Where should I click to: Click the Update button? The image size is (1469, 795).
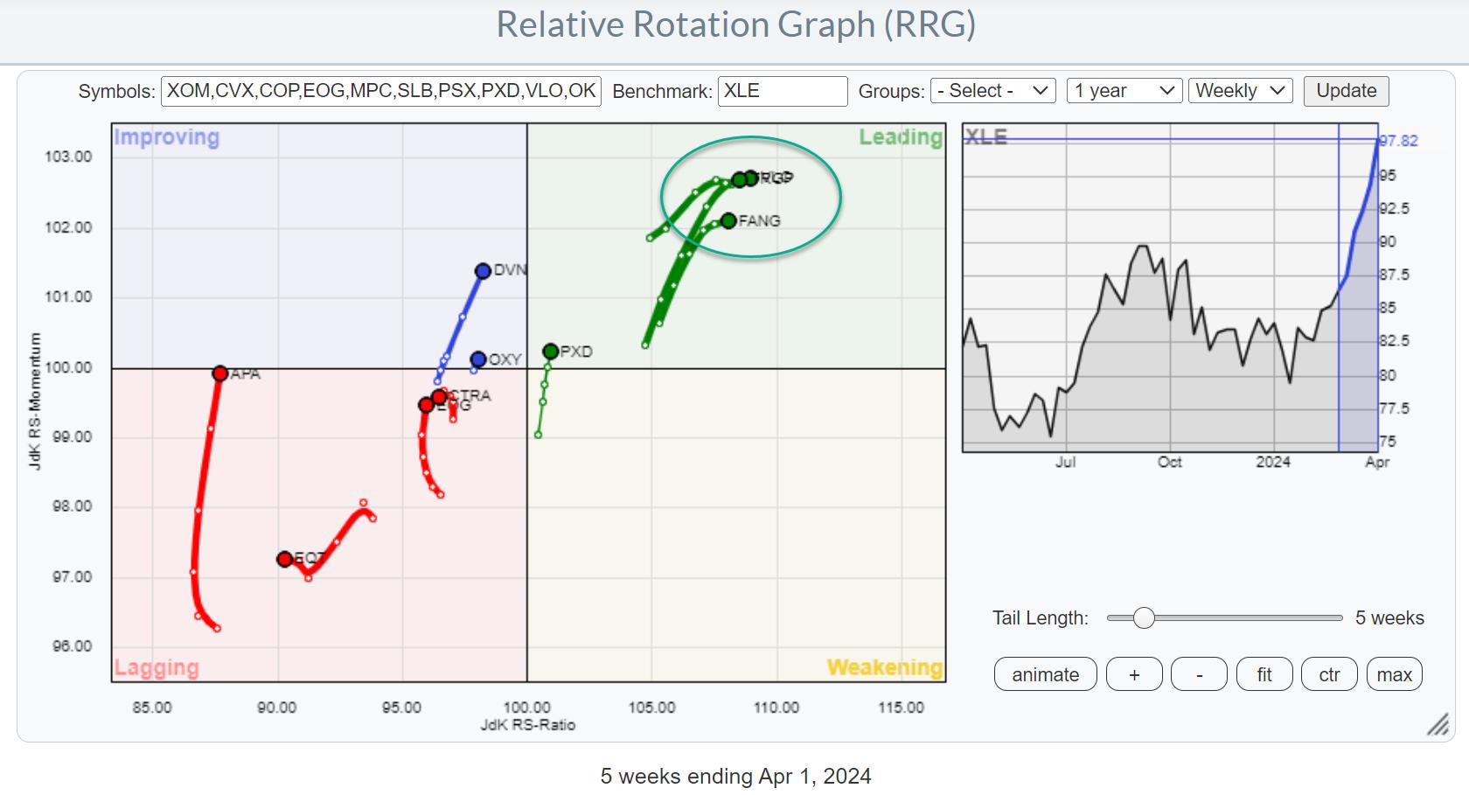[x=1346, y=91]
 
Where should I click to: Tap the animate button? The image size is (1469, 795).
[x=1045, y=674]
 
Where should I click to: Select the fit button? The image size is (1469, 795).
[x=1264, y=674]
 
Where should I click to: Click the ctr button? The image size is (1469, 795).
[x=1329, y=674]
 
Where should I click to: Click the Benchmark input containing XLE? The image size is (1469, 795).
[x=782, y=91]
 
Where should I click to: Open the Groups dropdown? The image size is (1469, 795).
[x=992, y=91]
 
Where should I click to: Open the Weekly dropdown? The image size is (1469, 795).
[x=1239, y=91]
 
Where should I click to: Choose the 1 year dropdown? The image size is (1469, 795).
[x=1124, y=91]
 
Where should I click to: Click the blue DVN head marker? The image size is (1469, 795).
[x=483, y=271]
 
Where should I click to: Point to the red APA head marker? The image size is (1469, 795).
[x=219, y=373]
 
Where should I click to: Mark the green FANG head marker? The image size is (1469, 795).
[x=728, y=220]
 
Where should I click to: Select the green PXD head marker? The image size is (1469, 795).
[x=550, y=352]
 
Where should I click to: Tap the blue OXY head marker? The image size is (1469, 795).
[x=477, y=359]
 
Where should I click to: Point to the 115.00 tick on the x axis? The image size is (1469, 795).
[x=901, y=708]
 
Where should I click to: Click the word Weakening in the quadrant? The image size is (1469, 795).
[x=884, y=667]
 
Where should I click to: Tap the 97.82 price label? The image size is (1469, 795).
[x=1399, y=141]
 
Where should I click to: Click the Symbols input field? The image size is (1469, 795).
[x=381, y=91]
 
